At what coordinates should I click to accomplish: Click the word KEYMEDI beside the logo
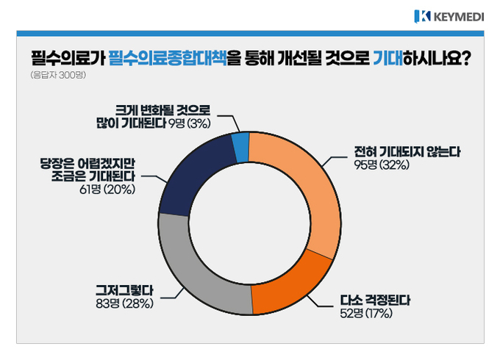459,17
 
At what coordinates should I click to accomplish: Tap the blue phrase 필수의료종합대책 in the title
168,58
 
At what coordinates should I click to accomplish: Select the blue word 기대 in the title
388,58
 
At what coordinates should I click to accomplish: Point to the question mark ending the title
466,58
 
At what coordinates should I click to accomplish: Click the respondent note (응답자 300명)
58,75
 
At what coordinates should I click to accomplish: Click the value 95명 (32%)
382,165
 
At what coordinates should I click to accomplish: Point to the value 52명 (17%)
366,314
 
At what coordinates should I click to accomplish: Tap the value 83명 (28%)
125,303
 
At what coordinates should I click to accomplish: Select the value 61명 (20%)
107,190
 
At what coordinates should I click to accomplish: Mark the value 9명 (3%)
190,123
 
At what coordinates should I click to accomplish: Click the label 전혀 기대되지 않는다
407,151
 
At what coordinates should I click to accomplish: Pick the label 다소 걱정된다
375,300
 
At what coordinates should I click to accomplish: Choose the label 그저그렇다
125,290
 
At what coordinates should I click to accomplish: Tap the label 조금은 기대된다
93,176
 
